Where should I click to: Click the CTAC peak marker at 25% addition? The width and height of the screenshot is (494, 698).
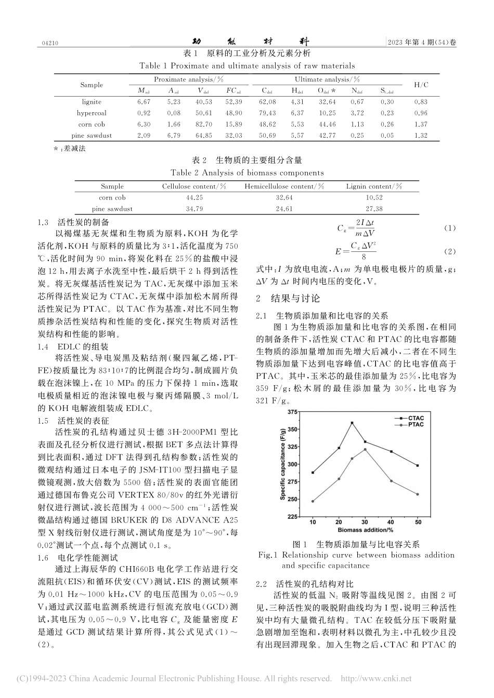click(352, 423)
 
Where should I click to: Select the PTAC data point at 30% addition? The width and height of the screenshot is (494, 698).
click(366, 449)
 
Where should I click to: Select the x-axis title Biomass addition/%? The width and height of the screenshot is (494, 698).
click(365, 530)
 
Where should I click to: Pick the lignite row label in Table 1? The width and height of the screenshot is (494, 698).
click(92, 102)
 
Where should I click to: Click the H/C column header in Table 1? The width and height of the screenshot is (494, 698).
click(421, 85)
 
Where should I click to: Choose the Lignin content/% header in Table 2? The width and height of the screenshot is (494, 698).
click(374, 186)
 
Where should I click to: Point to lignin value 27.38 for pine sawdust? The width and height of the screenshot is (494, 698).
click(374, 209)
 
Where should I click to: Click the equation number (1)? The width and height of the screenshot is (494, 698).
click(449, 229)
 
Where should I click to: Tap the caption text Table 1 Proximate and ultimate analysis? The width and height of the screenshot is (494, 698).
click(247, 66)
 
